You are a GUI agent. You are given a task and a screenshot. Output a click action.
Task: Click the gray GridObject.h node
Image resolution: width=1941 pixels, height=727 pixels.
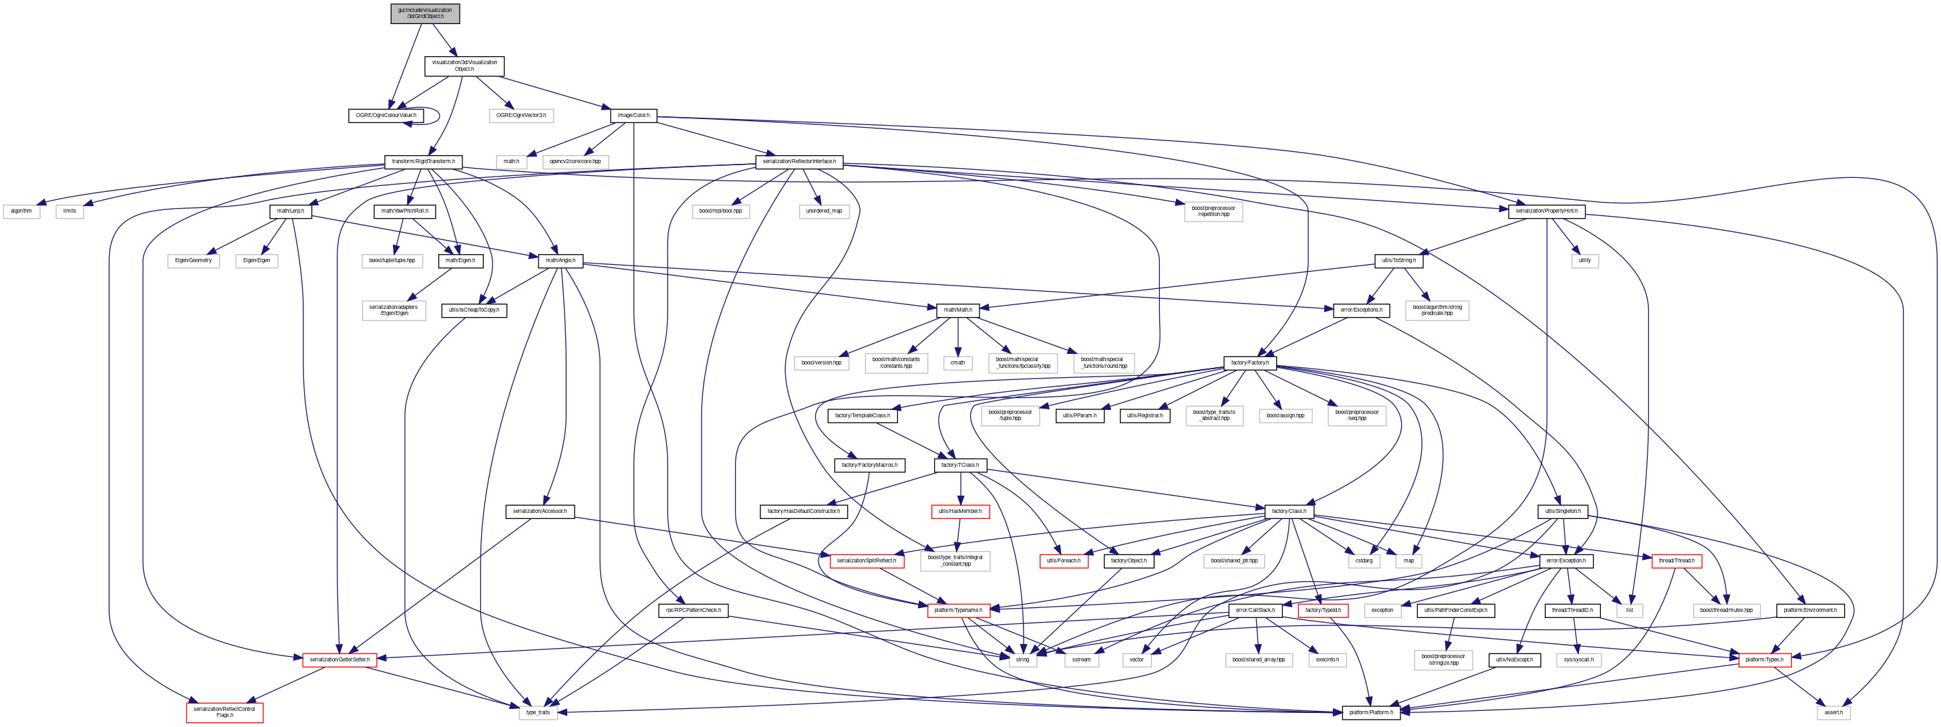[425, 13]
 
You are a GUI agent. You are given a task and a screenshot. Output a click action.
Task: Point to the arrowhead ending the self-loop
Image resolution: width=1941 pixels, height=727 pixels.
[408, 124]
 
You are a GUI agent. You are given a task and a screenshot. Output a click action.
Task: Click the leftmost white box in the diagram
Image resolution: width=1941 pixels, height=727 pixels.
[21, 212]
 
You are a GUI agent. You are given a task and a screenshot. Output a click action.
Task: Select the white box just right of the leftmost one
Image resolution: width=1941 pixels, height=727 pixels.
[69, 212]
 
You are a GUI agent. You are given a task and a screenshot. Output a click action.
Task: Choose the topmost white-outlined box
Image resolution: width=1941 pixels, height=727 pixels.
[521, 116]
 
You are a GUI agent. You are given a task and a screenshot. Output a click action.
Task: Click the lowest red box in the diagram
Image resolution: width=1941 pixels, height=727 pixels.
[225, 713]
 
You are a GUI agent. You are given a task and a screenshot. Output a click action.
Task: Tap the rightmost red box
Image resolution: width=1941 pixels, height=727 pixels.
[1765, 660]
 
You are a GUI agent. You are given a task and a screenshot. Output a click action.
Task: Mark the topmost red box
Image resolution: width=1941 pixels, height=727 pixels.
[960, 512]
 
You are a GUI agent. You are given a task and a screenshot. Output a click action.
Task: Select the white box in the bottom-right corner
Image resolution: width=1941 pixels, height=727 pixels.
[1833, 713]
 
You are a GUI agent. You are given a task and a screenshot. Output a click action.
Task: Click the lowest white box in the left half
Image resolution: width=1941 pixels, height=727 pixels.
[538, 713]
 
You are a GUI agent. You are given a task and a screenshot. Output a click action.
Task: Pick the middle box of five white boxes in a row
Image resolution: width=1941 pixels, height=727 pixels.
[957, 362]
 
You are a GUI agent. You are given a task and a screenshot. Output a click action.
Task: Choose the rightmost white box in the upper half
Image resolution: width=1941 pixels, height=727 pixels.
[1586, 261]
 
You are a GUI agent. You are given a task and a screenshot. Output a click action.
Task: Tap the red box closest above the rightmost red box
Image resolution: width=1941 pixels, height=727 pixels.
[1676, 561]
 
